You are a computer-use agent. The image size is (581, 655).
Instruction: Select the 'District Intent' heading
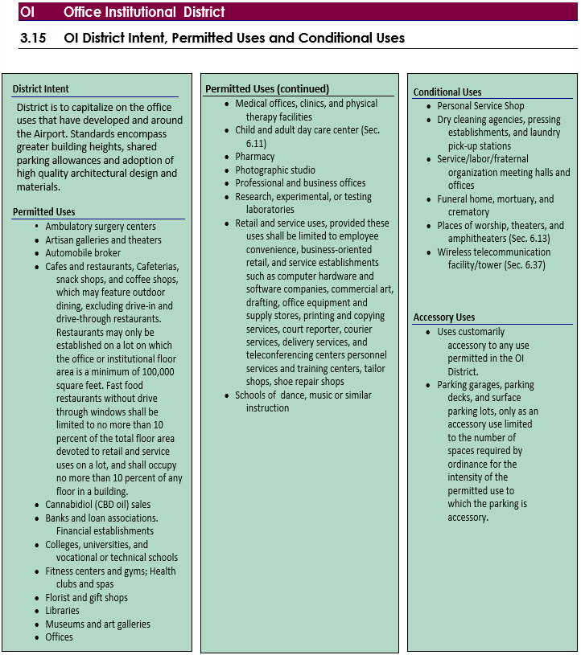click(41, 89)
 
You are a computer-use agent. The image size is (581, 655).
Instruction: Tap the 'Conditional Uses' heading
click(447, 92)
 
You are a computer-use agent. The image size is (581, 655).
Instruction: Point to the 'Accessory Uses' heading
click(444, 317)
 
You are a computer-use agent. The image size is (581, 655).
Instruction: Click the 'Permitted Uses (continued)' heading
click(267, 89)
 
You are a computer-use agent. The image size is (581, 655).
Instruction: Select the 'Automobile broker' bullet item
click(83, 253)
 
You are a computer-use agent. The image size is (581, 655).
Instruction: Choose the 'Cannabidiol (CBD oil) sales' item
click(97, 505)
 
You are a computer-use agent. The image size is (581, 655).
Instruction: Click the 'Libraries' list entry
click(63, 611)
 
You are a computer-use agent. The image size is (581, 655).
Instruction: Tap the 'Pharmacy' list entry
click(255, 157)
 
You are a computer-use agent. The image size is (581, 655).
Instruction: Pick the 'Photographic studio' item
click(275, 170)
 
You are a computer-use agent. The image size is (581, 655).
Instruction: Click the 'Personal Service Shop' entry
click(480, 106)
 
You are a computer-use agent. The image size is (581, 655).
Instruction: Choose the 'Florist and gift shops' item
click(86, 598)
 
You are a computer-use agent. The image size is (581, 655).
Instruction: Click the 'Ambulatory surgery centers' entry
click(101, 227)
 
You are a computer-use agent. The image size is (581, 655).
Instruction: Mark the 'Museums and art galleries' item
click(97, 624)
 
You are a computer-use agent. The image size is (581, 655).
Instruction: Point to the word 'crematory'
click(468, 212)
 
